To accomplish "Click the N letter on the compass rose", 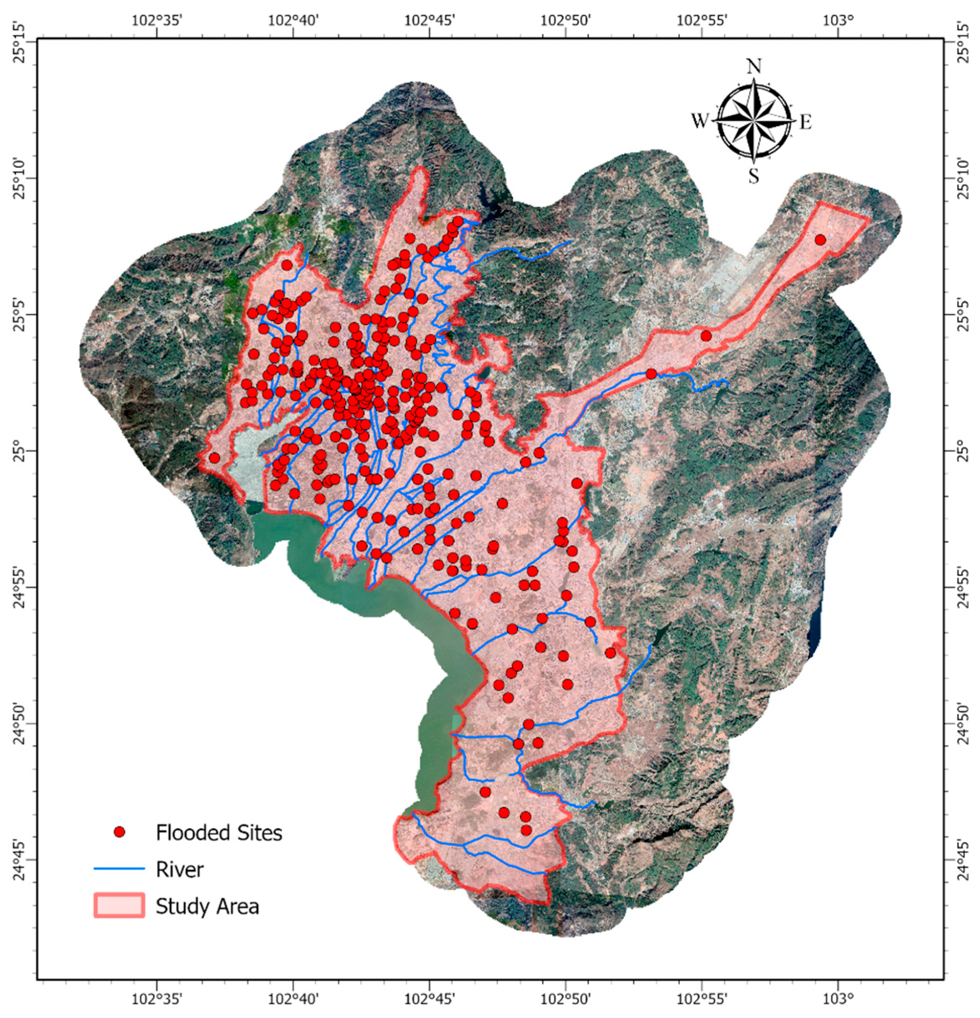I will pyautogui.click(x=753, y=67).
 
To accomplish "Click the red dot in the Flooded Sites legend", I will pyautogui.click(x=120, y=832).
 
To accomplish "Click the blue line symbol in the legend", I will pyautogui.click(x=119, y=869).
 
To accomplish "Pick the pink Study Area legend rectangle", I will pyautogui.click(x=119, y=906).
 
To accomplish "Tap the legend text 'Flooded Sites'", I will pyautogui.click(x=219, y=833).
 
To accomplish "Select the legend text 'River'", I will pyautogui.click(x=179, y=869).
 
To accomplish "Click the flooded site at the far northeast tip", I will pyautogui.click(x=820, y=240).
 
